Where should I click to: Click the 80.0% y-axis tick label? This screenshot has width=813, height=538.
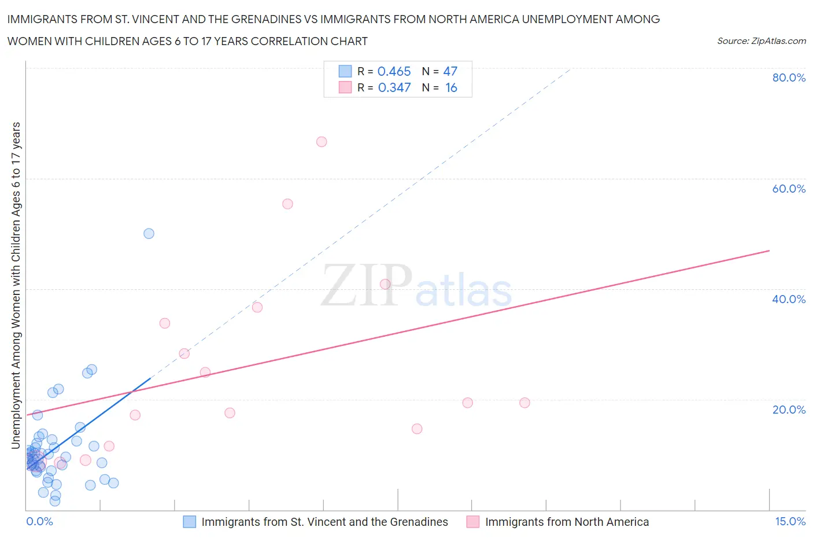click(x=788, y=78)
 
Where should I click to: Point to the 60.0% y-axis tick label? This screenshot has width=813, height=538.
click(x=788, y=189)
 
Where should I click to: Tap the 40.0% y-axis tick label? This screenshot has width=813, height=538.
click(x=788, y=299)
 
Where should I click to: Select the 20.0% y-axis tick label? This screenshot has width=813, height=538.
click(x=788, y=410)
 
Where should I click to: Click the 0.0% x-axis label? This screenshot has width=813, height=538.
click(x=39, y=521)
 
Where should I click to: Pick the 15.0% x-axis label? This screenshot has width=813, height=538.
click(x=790, y=521)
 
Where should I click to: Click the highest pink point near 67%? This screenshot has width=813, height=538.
click(x=321, y=142)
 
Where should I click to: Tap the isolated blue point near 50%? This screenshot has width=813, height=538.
click(x=149, y=234)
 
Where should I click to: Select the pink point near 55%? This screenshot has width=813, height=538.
click(x=287, y=204)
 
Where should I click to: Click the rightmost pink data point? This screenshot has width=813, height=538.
click(x=524, y=403)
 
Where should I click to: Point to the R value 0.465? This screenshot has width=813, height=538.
click(x=394, y=71)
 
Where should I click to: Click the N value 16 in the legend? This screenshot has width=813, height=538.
click(x=451, y=87)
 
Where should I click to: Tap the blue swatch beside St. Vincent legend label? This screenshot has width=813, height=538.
click(x=190, y=522)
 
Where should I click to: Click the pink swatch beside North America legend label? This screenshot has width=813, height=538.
click(x=473, y=522)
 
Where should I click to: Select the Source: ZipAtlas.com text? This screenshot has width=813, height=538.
click(x=761, y=40)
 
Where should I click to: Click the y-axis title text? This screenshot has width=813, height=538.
click(x=16, y=285)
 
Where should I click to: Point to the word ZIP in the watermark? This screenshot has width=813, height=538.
click(x=366, y=285)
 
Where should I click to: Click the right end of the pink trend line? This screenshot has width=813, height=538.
click(x=769, y=250)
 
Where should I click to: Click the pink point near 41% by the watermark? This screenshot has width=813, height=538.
click(x=385, y=284)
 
